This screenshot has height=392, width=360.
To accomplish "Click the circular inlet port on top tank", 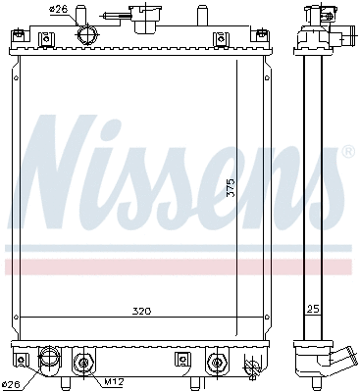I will (85, 34).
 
